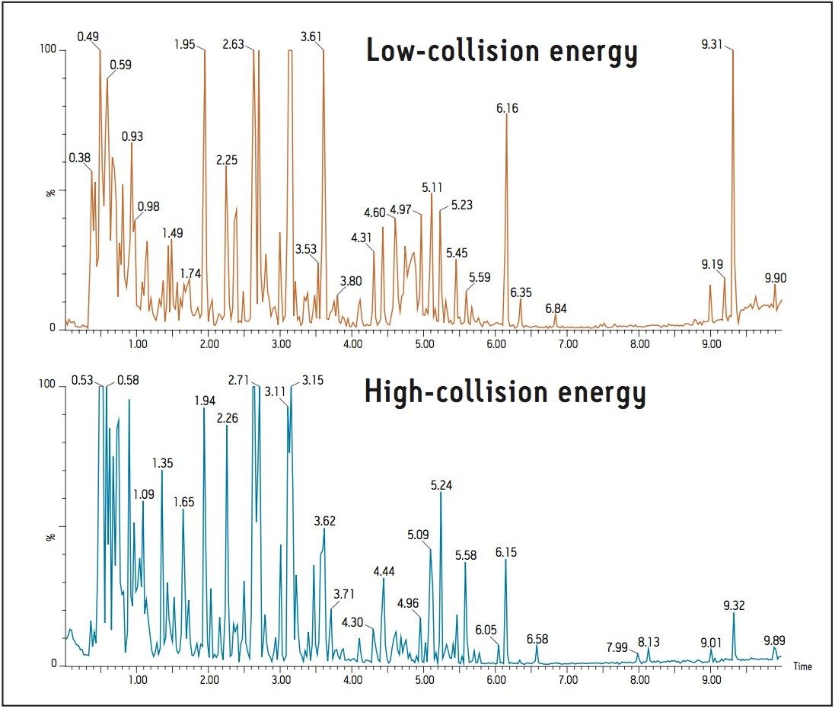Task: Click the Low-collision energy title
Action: click(x=501, y=52)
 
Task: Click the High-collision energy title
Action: click(x=505, y=392)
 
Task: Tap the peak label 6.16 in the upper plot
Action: click(x=507, y=108)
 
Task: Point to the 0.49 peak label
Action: click(x=88, y=36)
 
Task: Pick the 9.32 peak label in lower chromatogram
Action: click(x=734, y=605)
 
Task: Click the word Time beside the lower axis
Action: click(x=802, y=666)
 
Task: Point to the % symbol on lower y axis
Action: click(x=51, y=536)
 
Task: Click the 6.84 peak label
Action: click(x=556, y=308)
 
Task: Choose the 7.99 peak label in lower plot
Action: click(x=617, y=647)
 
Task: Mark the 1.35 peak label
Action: click(x=163, y=463)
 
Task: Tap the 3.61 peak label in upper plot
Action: click(x=311, y=36)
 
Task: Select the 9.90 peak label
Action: click(x=776, y=279)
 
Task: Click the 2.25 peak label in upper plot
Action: click(x=227, y=160)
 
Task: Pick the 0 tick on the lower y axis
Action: click(x=55, y=665)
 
